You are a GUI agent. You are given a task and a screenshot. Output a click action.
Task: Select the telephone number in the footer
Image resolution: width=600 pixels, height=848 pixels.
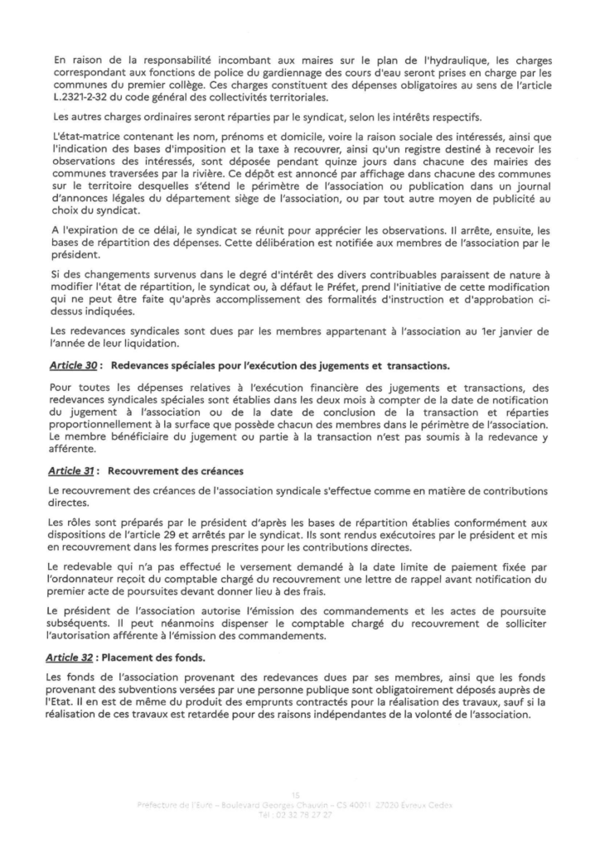308,814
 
